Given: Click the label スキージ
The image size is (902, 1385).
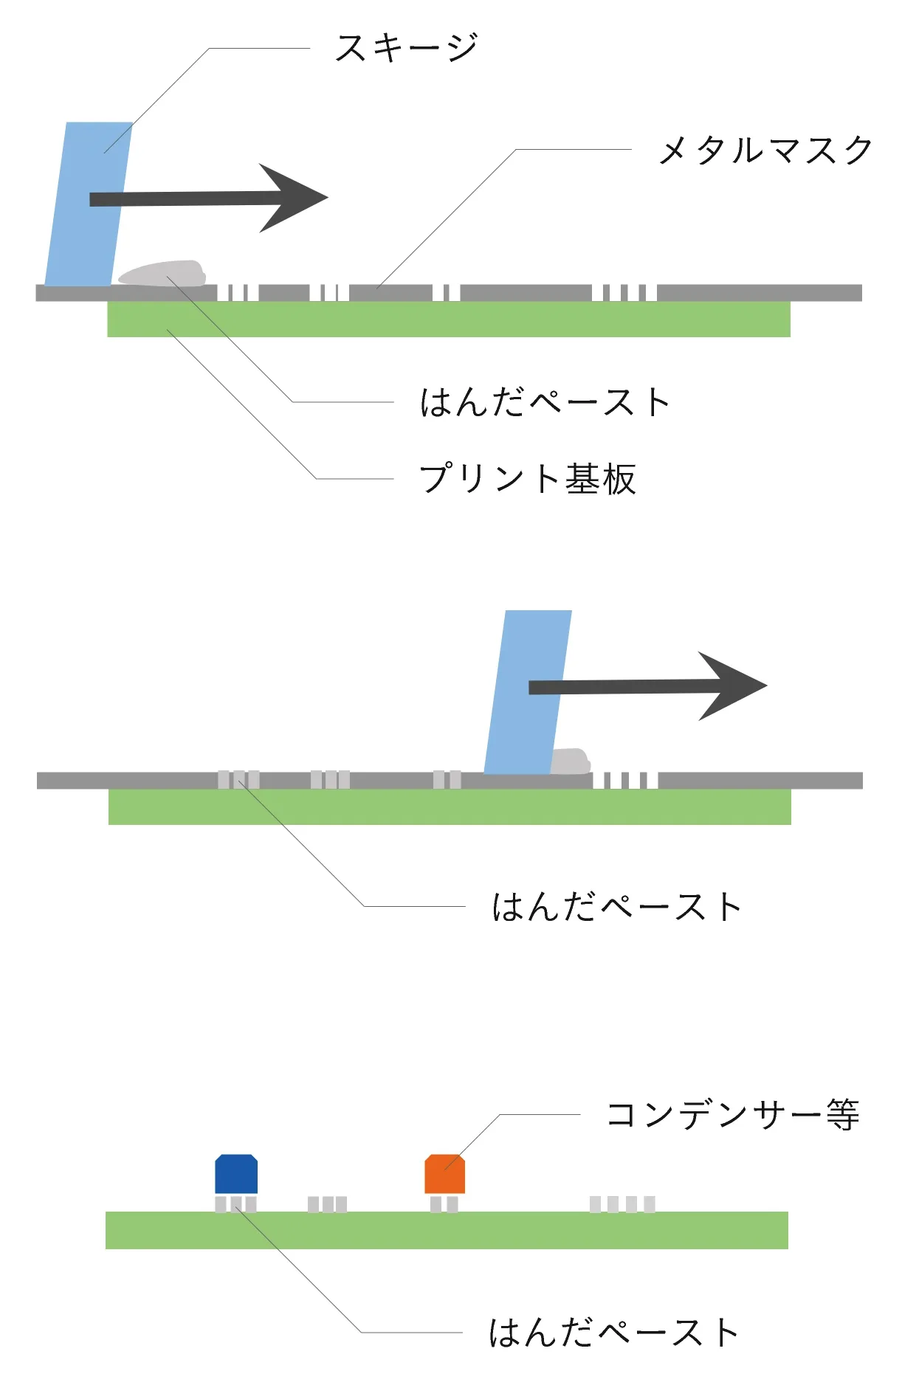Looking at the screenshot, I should click(x=406, y=48).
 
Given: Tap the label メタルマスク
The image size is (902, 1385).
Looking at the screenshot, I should click(x=765, y=151).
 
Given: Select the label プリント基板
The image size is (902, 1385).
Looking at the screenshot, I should click(x=527, y=479).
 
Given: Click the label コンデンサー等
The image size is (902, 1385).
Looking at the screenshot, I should click(x=732, y=1115).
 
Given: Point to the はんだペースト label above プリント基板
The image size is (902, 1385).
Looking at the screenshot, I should click(x=545, y=403).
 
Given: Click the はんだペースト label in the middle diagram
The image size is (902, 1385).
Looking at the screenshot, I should click(x=616, y=907).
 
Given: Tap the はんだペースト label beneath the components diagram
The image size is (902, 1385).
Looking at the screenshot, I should click(x=613, y=1333).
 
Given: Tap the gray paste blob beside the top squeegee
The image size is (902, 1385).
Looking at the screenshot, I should click(x=164, y=274).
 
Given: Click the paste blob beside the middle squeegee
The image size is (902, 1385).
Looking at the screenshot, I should click(x=571, y=761).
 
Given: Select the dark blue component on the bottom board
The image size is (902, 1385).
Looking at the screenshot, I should click(x=236, y=1174).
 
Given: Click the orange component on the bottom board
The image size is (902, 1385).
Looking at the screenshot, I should click(x=444, y=1174).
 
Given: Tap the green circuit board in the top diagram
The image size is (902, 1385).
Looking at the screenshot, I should click(x=449, y=320).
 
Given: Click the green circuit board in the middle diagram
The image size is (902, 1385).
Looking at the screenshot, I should click(x=449, y=807).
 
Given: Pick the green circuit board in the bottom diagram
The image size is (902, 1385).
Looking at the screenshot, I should click(x=447, y=1230).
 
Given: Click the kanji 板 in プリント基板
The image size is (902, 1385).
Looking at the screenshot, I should click(x=619, y=479).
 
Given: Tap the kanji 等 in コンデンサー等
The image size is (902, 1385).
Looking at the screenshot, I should click(x=842, y=1115).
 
